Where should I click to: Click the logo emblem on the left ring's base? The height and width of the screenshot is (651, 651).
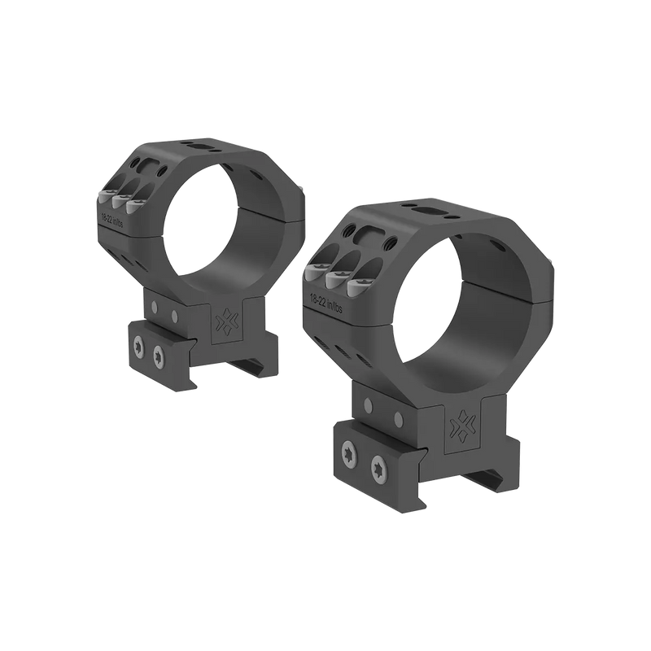tap(222, 321)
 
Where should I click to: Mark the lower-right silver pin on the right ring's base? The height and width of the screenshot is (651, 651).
tap(399, 419)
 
